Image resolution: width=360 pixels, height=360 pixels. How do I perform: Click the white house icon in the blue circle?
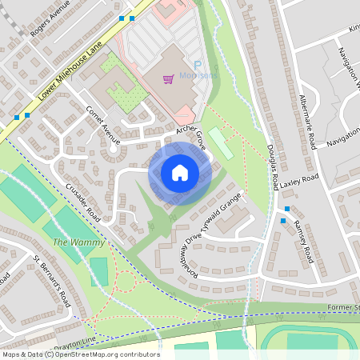pos(180,172)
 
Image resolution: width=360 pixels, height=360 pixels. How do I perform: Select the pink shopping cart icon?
pos(168,78)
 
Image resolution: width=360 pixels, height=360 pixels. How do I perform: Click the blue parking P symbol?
pos(196,66)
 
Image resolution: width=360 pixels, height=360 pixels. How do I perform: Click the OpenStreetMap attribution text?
pos(80,354)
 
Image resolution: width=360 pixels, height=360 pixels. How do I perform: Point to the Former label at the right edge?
pos(342,307)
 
